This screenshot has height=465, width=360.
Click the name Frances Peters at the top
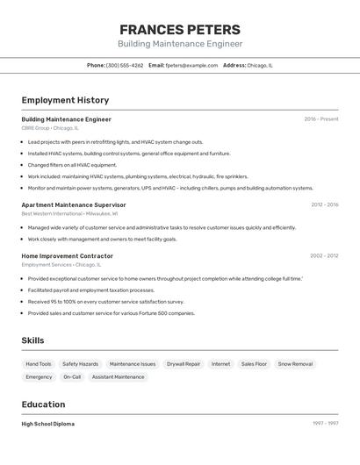[x=180, y=29]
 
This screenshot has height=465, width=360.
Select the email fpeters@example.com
[x=191, y=65]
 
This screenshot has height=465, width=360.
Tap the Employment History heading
[x=65, y=100]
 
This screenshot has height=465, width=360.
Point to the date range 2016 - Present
[x=321, y=119]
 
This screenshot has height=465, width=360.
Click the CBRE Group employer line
[x=50, y=128]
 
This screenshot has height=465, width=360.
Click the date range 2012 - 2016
[x=324, y=204]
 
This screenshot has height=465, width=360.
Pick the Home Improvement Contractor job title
[x=68, y=256]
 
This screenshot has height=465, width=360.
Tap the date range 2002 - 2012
[x=324, y=256]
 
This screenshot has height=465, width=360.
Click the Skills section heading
[x=32, y=340]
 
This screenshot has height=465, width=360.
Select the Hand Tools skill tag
[x=39, y=363]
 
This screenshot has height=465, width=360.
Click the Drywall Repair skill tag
[x=184, y=363]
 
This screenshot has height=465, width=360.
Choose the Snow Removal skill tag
[x=295, y=363]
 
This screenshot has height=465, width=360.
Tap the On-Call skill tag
[x=72, y=377]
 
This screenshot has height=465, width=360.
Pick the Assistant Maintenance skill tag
[x=118, y=377]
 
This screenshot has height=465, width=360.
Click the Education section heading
[x=43, y=404]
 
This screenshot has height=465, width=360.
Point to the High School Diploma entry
[x=48, y=424]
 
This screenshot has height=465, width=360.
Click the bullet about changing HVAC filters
[x=72, y=165]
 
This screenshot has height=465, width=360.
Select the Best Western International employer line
[x=69, y=213]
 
